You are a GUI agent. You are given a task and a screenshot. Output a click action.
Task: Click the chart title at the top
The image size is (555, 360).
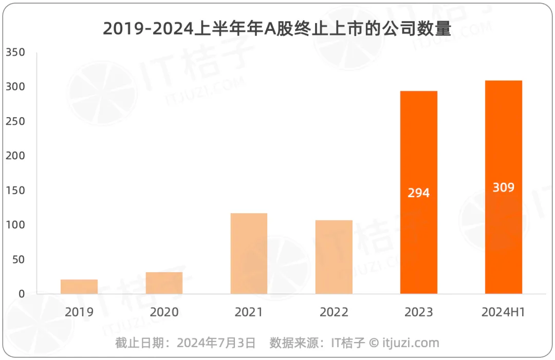pos(277,29)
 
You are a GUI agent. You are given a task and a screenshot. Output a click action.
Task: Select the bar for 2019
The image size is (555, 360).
pos(79,287)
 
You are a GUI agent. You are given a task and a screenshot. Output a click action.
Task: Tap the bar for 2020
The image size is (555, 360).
pos(164,283)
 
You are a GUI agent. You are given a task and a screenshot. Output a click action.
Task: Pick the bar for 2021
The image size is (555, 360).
pos(249,254)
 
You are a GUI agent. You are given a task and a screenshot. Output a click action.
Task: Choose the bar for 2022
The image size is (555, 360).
pos(334,257)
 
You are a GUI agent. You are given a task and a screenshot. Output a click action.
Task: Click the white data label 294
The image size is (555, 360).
pos(418,193)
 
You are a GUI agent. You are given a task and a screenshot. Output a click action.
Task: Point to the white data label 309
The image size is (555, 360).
pos(503,187)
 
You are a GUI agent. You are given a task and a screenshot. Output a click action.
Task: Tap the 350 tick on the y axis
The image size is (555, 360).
pos(15,52)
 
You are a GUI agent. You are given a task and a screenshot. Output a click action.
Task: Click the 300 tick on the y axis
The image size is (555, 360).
pos(15,87)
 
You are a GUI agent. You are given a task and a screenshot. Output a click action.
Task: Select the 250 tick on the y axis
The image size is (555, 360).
pos(15,121)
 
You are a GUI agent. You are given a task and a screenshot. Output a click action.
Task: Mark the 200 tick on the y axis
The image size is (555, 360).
pos(15,156)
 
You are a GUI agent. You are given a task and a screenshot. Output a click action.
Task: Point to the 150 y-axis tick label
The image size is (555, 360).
pos(15,191)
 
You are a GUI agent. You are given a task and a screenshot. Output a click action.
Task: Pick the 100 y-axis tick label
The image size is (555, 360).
pos(15,225)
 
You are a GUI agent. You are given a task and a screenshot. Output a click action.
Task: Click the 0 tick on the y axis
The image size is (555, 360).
pos(21,294)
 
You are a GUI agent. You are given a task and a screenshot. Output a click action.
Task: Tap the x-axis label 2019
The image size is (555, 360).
pos(79,312)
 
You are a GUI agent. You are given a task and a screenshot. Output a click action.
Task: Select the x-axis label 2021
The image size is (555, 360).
pos(249,312)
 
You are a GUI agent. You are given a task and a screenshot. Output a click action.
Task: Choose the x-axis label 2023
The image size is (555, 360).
pos(418,312)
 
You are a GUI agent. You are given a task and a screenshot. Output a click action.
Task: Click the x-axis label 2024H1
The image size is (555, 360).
pos(503,312)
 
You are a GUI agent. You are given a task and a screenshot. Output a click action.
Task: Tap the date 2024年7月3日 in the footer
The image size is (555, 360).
pos(216,343)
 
